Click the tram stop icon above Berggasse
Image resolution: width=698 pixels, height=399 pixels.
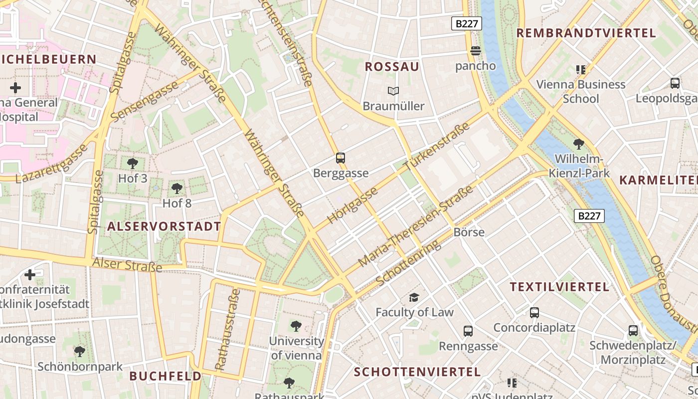(x=341, y=158)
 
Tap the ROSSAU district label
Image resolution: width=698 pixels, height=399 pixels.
(x=392, y=67)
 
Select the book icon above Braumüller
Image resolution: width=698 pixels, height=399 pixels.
(x=393, y=91)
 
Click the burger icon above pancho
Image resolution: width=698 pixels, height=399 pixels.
(x=475, y=51)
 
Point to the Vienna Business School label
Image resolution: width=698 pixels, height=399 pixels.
(x=580, y=91)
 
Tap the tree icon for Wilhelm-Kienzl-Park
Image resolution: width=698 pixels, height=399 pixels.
(x=579, y=145)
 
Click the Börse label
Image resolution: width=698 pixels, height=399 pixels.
(x=469, y=232)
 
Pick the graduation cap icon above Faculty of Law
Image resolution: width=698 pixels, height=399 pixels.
(x=414, y=298)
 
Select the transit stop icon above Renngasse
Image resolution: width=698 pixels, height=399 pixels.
(x=468, y=331)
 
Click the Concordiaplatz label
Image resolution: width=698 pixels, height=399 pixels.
(x=534, y=328)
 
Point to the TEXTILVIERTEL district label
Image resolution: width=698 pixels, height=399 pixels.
(x=559, y=287)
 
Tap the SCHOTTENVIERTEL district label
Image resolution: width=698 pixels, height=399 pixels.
(x=417, y=372)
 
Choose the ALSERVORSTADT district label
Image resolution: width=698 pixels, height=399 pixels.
(x=164, y=226)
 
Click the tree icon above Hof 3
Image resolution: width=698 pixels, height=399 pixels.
(x=133, y=163)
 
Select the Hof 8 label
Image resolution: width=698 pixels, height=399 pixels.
(x=177, y=203)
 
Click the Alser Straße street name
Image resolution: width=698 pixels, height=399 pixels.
(x=128, y=264)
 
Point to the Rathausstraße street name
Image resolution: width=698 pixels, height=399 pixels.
(x=227, y=329)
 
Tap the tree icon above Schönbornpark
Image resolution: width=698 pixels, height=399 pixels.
(x=80, y=352)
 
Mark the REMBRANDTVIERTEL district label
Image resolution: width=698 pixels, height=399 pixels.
(x=586, y=33)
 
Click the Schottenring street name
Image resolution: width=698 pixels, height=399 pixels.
(x=408, y=262)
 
